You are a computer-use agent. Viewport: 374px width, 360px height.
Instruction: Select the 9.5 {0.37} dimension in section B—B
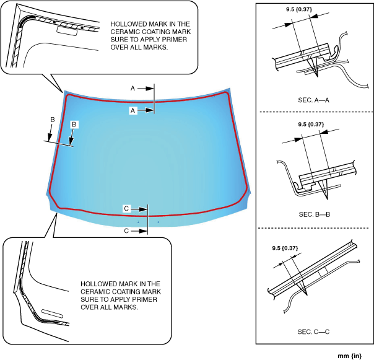coord(311,124)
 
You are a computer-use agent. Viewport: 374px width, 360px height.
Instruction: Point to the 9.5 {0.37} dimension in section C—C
coord(285,248)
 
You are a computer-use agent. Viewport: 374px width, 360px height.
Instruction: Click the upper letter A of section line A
coord(133,89)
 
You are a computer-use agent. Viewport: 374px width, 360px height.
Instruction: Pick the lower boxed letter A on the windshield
coord(133,110)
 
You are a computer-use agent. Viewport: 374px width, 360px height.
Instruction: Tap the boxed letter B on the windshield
coord(74,125)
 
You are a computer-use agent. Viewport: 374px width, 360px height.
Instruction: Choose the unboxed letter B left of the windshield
coord(53,120)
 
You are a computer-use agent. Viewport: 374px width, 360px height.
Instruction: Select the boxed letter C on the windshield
coord(126,209)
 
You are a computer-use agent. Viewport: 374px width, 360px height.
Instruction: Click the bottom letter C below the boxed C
coord(126,230)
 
